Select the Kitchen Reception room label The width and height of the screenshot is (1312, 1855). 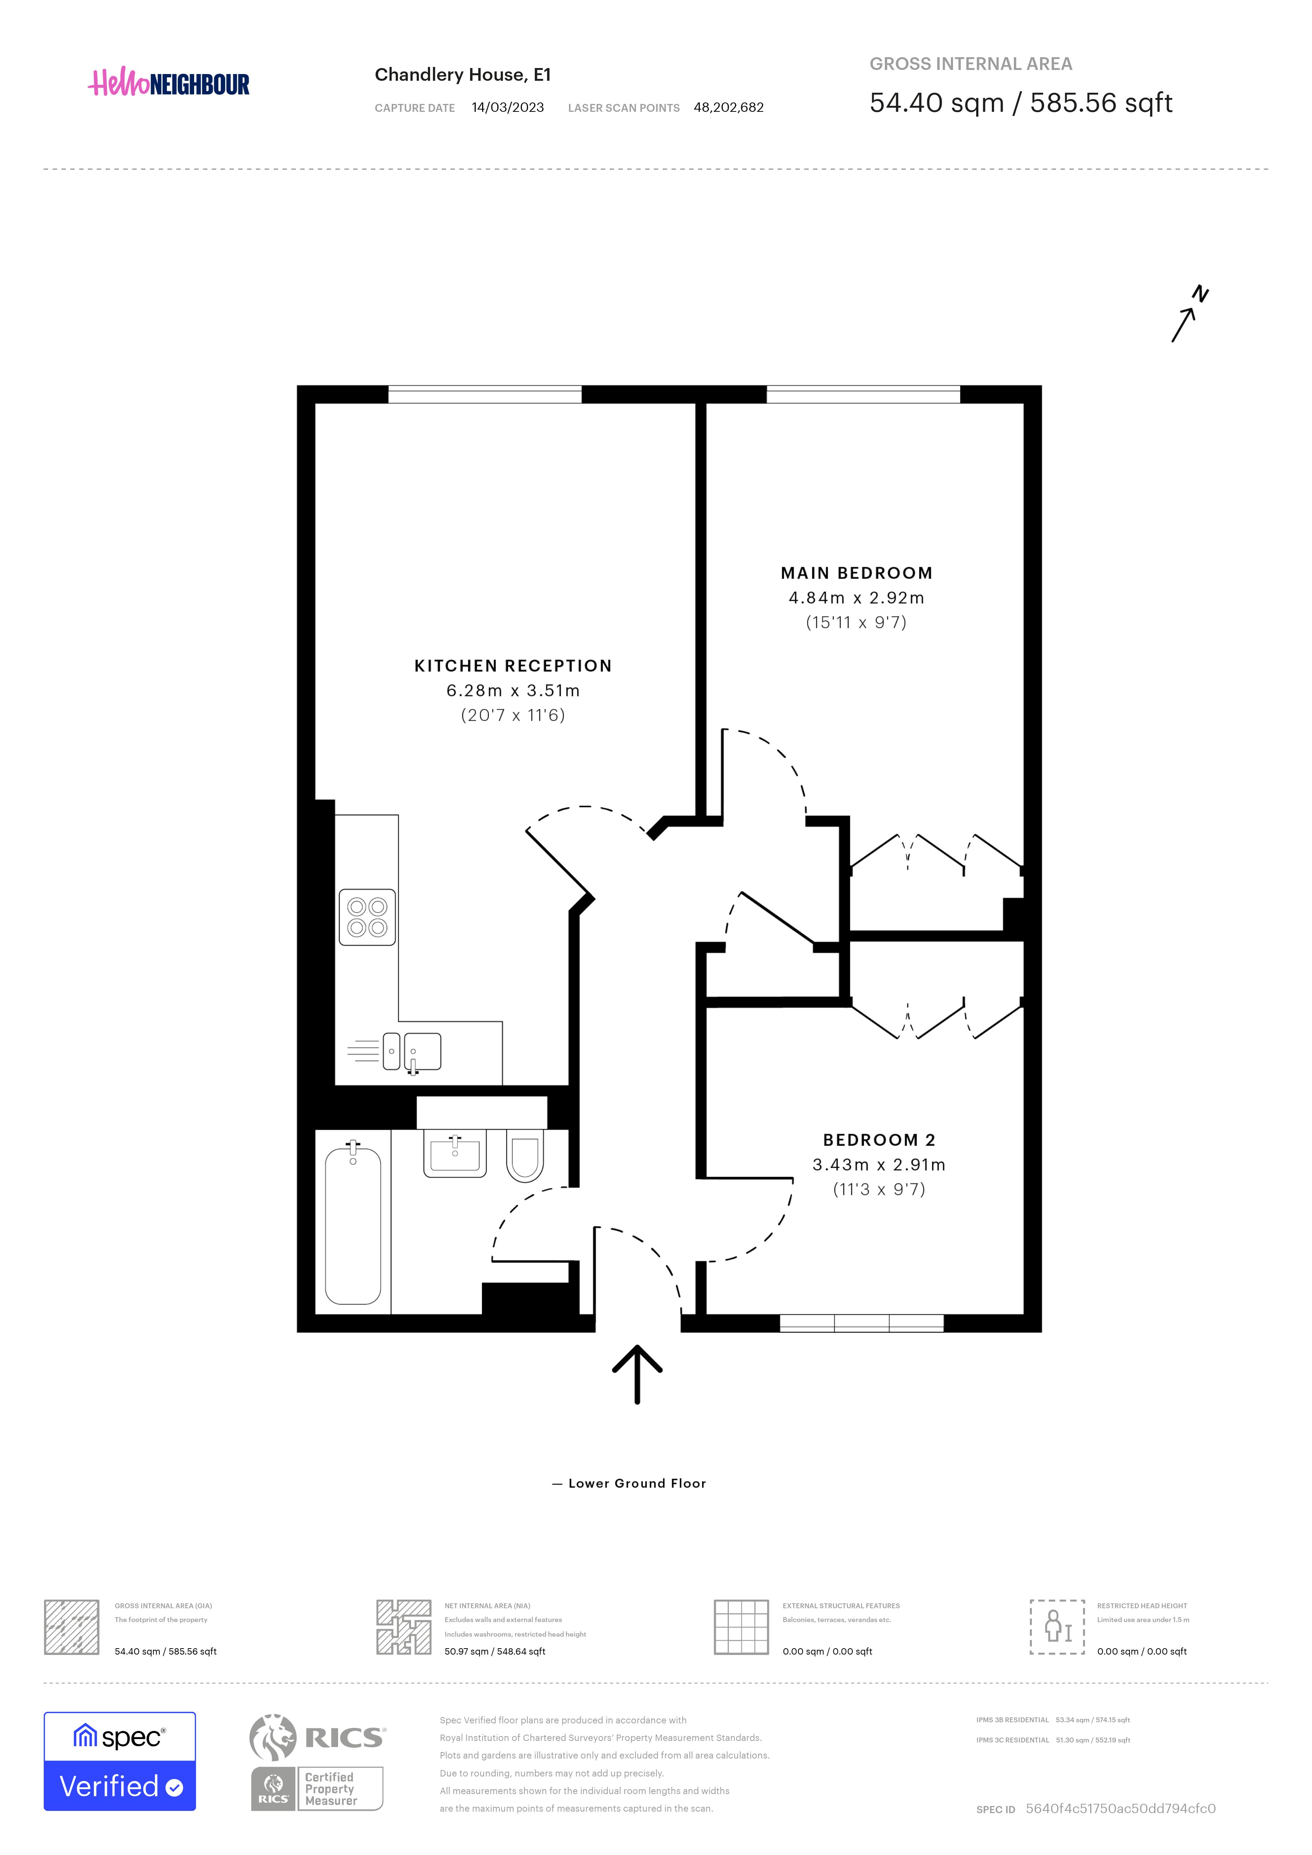click(513, 666)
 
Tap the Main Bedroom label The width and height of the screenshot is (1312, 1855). click(856, 573)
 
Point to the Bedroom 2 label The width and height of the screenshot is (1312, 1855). click(879, 1140)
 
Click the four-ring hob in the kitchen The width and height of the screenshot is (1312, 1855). click(368, 917)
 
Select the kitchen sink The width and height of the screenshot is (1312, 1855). click(412, 1052)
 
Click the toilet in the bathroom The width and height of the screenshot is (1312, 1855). click(525, 1158)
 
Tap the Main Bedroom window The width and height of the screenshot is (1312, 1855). click(863, 394)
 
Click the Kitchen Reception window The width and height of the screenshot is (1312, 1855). click(485, 394)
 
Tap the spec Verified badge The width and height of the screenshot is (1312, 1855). click(120, 1761)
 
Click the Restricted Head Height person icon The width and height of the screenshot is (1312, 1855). click(1057, 1627)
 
